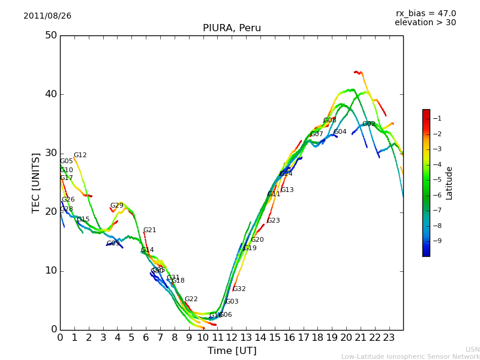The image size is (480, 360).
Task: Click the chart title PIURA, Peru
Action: tap(232, 28)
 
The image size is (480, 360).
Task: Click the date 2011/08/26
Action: tap(47, 16)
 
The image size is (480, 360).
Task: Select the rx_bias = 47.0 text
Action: tap(425, 14)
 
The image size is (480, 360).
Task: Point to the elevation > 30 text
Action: tap(425, 23)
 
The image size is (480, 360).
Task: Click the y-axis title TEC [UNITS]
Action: tap(36, 182)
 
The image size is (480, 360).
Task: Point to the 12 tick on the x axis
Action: tap(232, 337)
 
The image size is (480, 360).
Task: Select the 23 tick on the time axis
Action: tap(389, 337)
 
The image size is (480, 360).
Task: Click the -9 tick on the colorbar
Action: tap(437, 241)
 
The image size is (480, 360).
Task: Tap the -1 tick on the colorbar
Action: tap(437, 119)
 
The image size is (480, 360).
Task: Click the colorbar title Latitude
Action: tap(449, 183)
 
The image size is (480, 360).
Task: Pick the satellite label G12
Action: tap(80, 155)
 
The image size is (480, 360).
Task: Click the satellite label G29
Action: tap(116, 206)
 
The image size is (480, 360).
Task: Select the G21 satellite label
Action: tap(149, 230)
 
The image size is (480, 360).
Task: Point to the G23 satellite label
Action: tap(273, 221)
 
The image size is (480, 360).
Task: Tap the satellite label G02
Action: tap(368, 124)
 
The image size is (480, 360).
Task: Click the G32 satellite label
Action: tap(239, 289)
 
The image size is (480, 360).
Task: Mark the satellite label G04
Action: tap(340, 132)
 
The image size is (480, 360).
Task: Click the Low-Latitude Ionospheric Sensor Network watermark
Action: tap(410, 356)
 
